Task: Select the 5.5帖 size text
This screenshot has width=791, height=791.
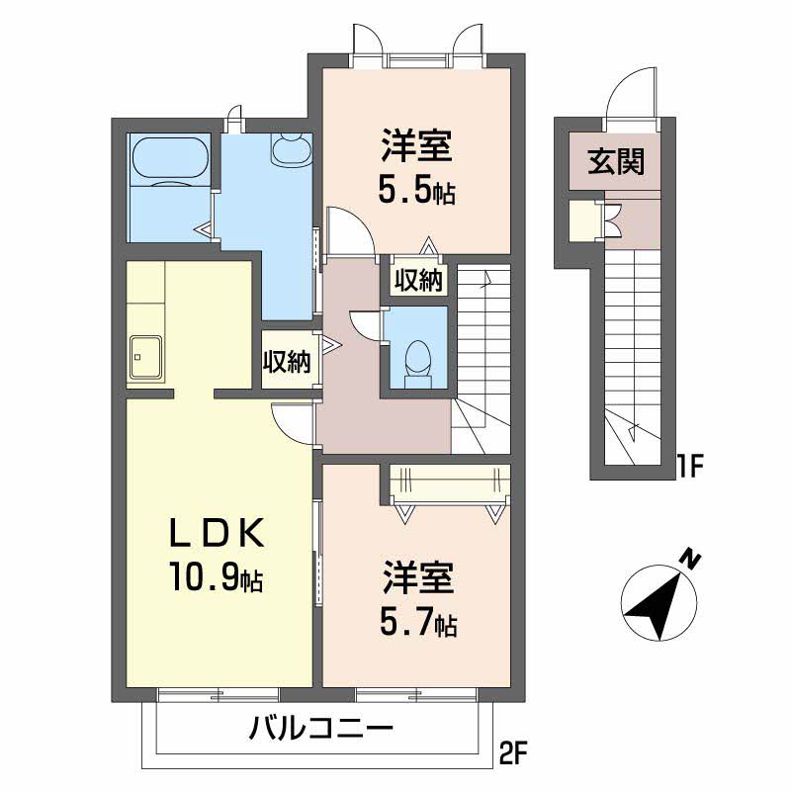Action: pyautogui.click(x=416, y=191)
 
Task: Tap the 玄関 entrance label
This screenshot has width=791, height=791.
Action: pyautogui.click(x=616, y=162)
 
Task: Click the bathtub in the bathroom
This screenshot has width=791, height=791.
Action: pyautogui.click(x=170, y=157)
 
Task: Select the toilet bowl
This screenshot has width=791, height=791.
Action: pyautogui.click(x=417, y=358)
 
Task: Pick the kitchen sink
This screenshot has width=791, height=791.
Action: pyautogui.click(x=146, y=357)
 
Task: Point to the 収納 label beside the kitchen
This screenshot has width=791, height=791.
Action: pyautogui.click(x=287, y=361)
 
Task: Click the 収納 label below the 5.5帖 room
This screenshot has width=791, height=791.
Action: pyautogui.click(x=418, y=280)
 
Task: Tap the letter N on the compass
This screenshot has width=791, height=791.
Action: pyautogui.click(x=690, y=559)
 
